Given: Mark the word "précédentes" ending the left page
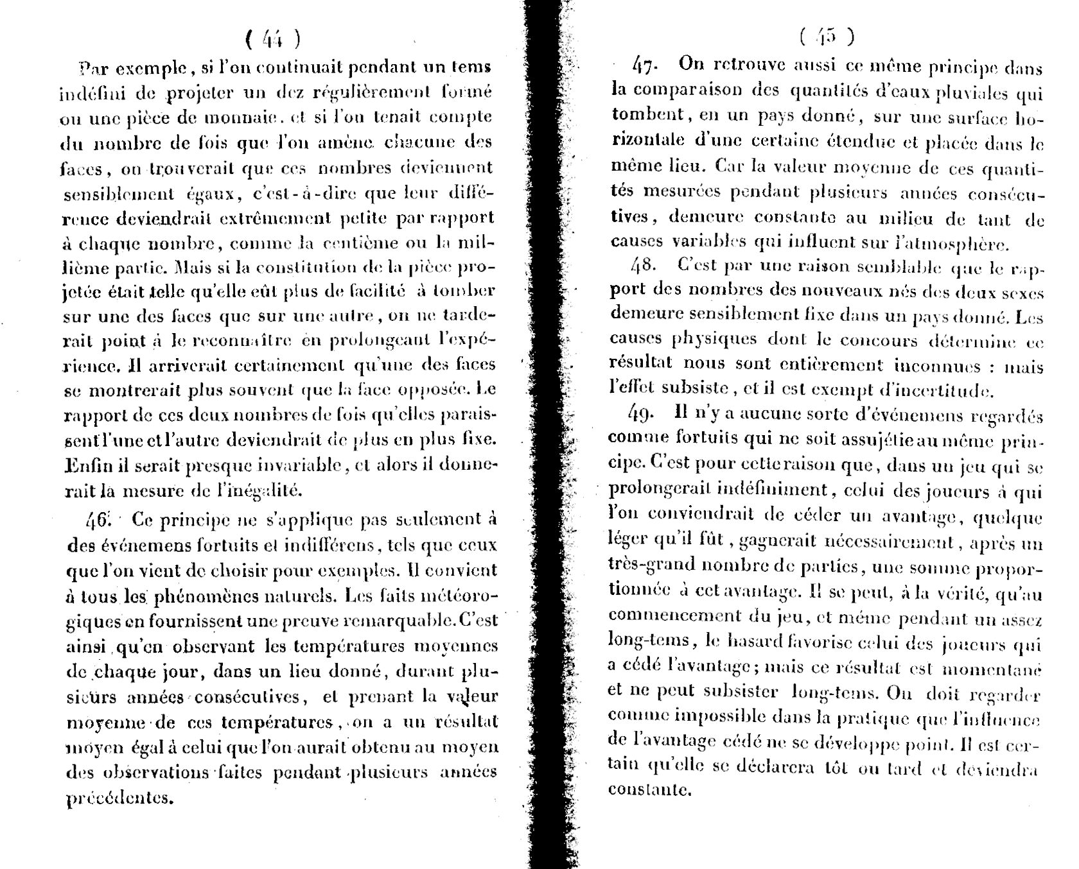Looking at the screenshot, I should [x=120, y=798].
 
